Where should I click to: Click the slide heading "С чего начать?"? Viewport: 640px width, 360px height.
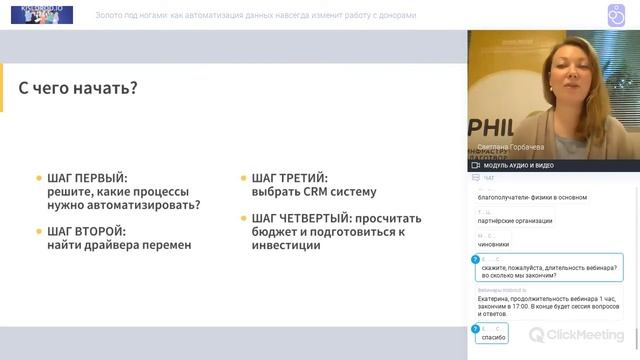coord(78,89)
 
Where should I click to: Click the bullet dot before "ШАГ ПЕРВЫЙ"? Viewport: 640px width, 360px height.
coord(39,178)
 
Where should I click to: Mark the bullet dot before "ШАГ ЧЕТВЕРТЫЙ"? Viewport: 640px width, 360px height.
coord(243,218)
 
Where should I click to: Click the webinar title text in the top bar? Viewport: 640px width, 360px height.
coord(256,16)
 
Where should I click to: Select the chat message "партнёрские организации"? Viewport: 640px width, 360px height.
coord(514,221)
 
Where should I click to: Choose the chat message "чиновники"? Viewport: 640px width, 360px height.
coord(493,243)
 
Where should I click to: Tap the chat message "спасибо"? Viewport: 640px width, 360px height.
coord(494,337)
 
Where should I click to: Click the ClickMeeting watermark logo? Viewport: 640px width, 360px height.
coord(579,335)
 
